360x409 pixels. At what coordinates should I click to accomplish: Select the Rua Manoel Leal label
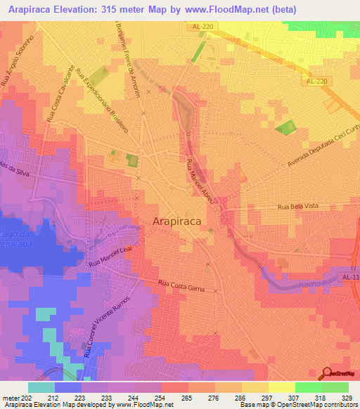[111, 256]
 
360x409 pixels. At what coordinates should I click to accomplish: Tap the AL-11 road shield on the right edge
[351, 278]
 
